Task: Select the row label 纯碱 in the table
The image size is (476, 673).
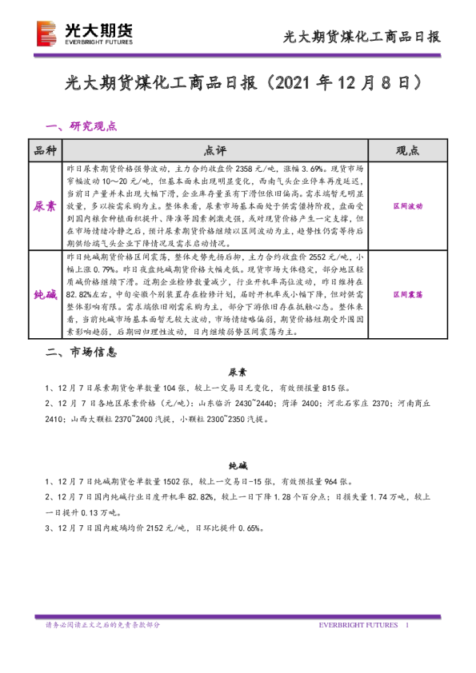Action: pyautogui.click(x=45, y=295)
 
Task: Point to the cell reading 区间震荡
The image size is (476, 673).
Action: pyautogui.click(x=407, y=295)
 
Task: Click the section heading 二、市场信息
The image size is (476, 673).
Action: pyautogui.click(x=82, y=351)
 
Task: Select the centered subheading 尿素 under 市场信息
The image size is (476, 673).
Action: pyautogui.click(x=238, y=372)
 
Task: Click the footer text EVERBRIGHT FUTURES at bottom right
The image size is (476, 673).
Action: pyautogui.click(x=358, y=623)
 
